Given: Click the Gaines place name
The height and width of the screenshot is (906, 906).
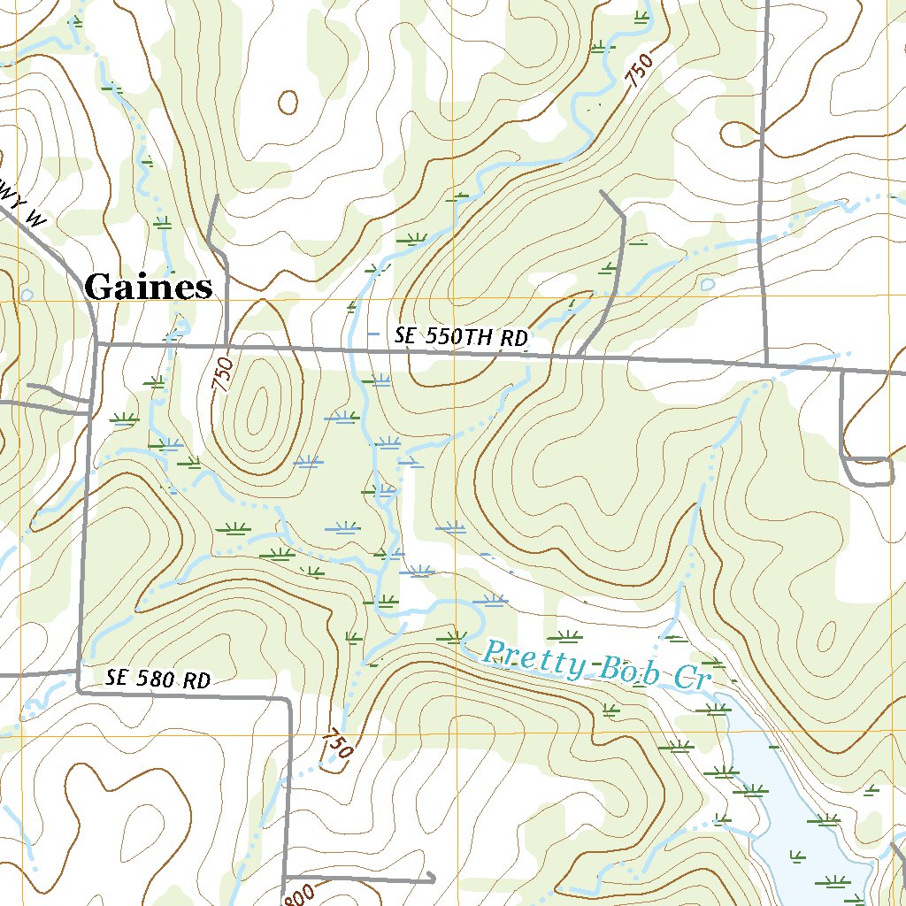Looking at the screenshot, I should (x=149, y=288).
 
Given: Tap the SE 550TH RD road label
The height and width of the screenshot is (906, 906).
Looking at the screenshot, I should (x=460, y=337).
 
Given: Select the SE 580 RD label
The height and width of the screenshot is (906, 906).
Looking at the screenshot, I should (x=158, y=679).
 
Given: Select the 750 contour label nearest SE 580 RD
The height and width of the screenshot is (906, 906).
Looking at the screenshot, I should (x=337, y=744).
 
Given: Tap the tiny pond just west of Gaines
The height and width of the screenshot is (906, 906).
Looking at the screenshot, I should (x=27, y=294).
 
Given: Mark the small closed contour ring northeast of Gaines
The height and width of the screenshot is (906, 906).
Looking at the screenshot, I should (x=288, y=103).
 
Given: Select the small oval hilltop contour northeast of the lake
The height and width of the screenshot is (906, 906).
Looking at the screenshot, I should (x=828, y=635).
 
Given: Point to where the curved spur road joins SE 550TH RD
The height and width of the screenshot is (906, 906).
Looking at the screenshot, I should (x=577, y=357).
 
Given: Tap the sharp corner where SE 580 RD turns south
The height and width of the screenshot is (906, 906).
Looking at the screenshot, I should (x=289, y=700).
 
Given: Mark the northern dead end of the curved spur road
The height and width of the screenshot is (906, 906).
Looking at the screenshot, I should (x=602, y=191).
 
